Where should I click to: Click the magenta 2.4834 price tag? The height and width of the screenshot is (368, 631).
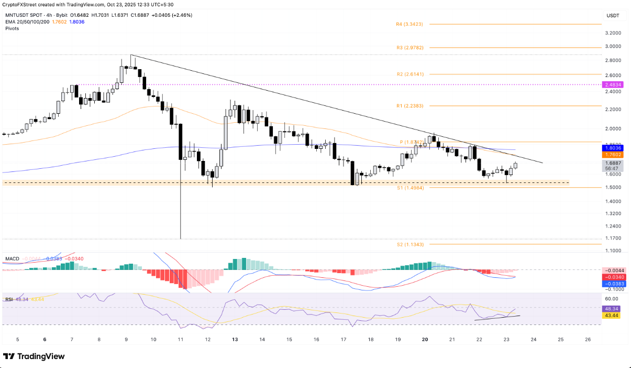click(x=613, y=84)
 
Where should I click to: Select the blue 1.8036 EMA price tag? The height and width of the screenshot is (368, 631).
click(x=613, y=148)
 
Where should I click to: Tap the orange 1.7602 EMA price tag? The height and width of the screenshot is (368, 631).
click(x=613, y=155)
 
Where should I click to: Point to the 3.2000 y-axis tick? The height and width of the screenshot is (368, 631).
click(x=613, y=33)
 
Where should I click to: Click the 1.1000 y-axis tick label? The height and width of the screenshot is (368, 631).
click(x=613, y=251)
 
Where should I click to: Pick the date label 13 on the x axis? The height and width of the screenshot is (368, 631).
click(x=235, y=339)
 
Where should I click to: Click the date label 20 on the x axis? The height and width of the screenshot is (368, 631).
click(x=425, y=339)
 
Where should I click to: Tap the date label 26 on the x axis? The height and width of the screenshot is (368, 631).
click(x=588, y=339)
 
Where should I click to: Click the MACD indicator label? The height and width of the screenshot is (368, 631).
click(x=12, y=259)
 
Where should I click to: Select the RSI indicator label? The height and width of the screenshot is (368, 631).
click(x=9, y=299)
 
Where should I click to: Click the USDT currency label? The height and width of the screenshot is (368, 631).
click(x=612, y=16)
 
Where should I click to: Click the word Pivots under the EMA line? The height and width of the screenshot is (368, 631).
click(x=12, y=28)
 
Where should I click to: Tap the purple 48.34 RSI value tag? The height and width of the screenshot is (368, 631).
click(x=613, y=309)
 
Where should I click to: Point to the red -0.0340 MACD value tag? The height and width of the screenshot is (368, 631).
click(x=613, y=277)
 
